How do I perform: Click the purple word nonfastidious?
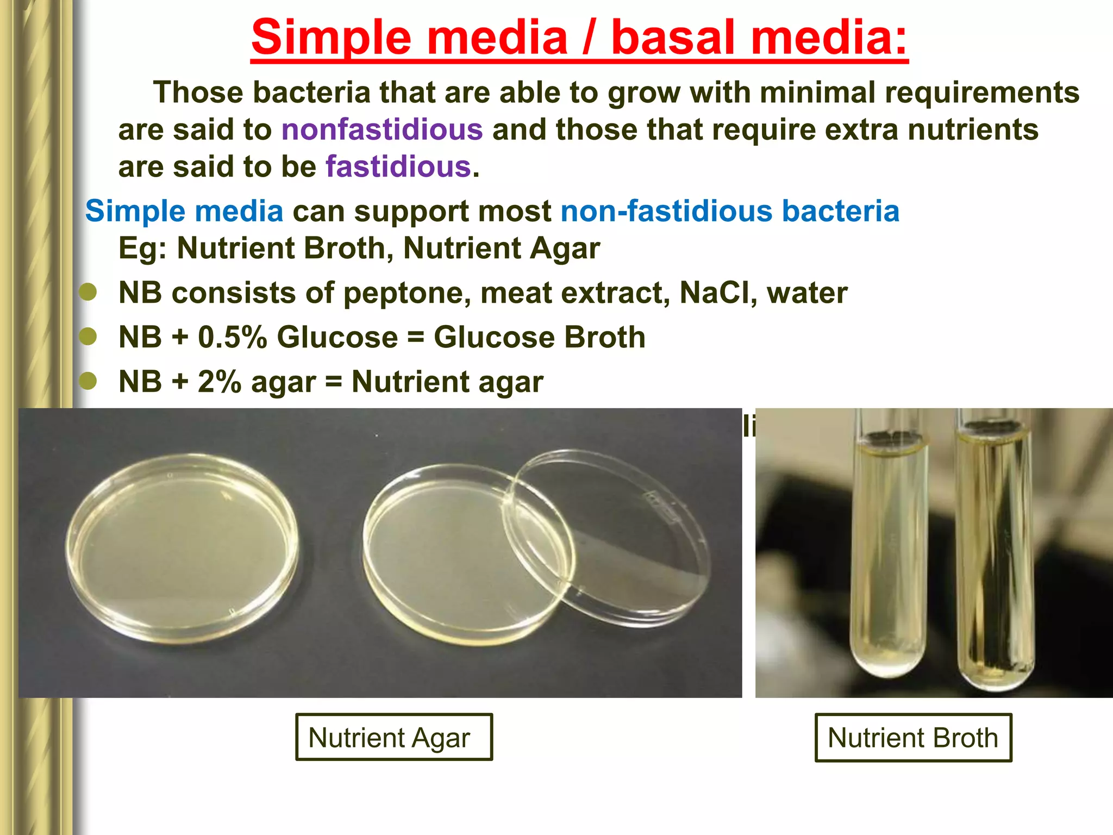(382, 130)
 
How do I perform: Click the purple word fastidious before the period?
(398, 167)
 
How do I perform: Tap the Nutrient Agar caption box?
(393, 737)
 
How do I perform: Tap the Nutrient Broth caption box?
(913, 738)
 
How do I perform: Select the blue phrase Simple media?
(184, 211)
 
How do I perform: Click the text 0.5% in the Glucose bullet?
(233, 337)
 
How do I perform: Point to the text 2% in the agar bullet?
(219, 382)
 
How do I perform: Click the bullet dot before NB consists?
(87, 292)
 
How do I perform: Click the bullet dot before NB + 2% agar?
(87, 381)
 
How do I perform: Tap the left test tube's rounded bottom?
(888, 660)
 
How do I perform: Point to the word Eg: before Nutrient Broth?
(142, 248)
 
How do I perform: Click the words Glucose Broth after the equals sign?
(539, 337)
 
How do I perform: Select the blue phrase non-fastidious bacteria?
(729, 211)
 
